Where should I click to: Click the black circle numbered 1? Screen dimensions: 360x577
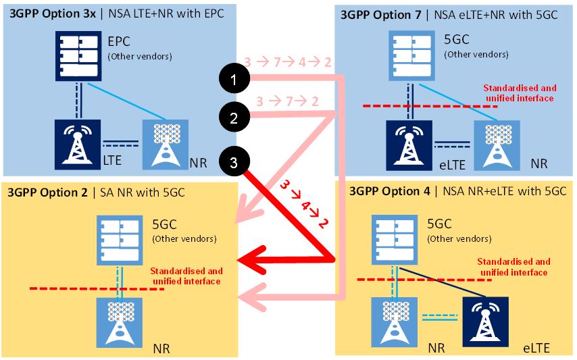click(234, 80)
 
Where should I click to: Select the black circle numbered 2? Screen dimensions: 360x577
click(234, 118)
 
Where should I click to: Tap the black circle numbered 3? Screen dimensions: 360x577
click(234, 161)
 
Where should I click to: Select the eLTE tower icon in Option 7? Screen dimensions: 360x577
click(408, 144)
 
